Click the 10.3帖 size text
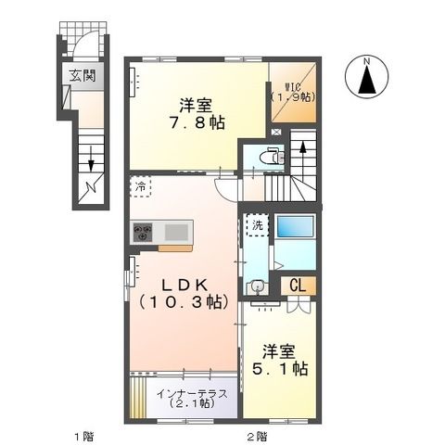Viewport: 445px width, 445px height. coord(184,301)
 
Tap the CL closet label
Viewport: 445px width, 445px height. coord(300,286)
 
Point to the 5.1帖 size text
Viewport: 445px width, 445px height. coord(282,368)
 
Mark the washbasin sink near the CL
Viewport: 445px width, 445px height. coord(260,288)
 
